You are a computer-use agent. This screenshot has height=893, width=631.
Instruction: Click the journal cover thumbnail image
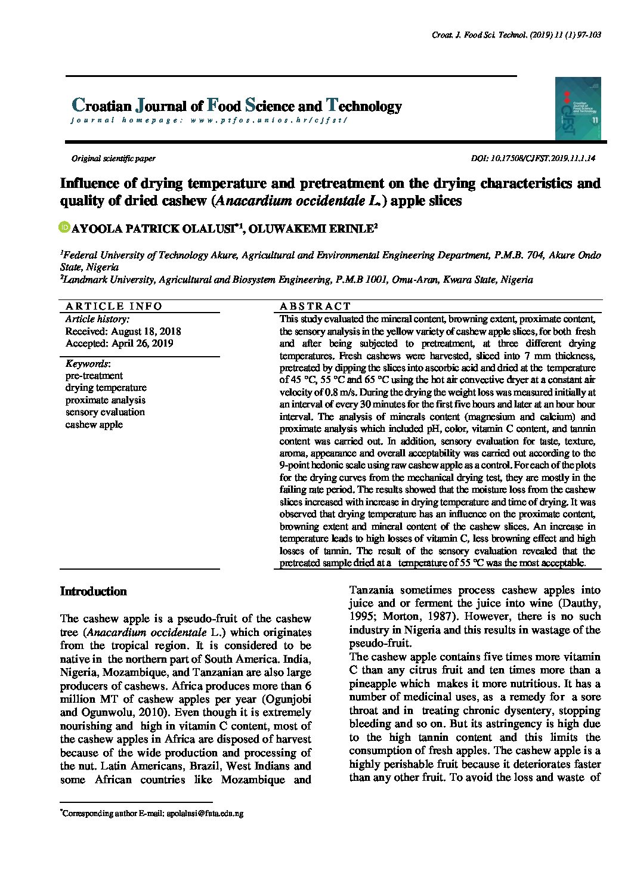[x=577, y=108]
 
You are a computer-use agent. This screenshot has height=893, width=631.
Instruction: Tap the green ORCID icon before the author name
[x=64, y=227]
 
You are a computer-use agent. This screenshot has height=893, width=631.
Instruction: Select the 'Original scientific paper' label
[x=113, y=159]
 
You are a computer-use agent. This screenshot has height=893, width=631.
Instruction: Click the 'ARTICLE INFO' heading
[x=114, y=306]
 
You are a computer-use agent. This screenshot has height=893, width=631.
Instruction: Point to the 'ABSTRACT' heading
[x=315, y=306]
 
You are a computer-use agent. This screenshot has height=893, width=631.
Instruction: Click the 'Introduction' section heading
[x=94, y=591]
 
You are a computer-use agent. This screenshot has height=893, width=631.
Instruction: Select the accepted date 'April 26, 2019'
[x=142, y=344]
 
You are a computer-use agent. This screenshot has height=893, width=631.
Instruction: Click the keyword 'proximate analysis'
[x=106, y=400]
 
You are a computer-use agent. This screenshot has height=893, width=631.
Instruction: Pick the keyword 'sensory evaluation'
[x=105, y=412]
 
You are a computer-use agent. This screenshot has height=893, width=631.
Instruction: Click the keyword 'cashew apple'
[x=94, y=425]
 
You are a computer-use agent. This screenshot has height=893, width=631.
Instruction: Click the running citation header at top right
[x=515, y=36]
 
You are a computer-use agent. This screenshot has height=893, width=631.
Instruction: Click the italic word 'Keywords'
[x=86, y=363]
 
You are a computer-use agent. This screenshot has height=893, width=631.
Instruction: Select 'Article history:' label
[x=93, y=319]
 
